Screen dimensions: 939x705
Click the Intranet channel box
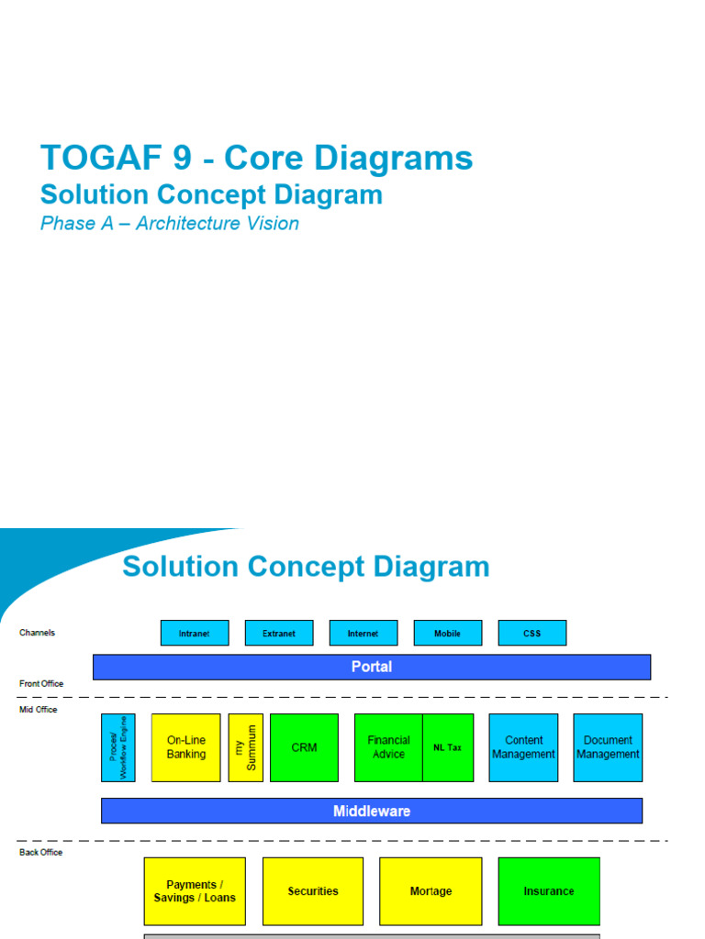195,633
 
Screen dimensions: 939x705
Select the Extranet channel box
279,633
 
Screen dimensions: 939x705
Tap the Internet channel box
364,633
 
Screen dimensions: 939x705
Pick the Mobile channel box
448,633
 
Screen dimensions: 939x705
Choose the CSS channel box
532,633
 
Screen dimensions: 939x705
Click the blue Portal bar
372,667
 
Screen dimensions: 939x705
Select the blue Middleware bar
372,811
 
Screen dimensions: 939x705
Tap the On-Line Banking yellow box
186,747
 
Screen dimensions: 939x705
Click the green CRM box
304,747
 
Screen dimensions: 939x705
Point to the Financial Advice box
388,747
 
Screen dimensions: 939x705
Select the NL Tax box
448,747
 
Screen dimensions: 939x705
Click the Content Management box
523,747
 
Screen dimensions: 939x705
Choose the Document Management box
608,747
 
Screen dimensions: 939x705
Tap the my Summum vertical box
246,747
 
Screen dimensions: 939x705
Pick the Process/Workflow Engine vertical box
118,747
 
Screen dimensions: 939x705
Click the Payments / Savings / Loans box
195,891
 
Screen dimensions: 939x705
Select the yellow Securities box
313,891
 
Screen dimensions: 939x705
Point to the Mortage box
431,891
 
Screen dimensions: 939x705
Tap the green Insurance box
549,891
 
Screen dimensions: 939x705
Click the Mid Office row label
38,710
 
